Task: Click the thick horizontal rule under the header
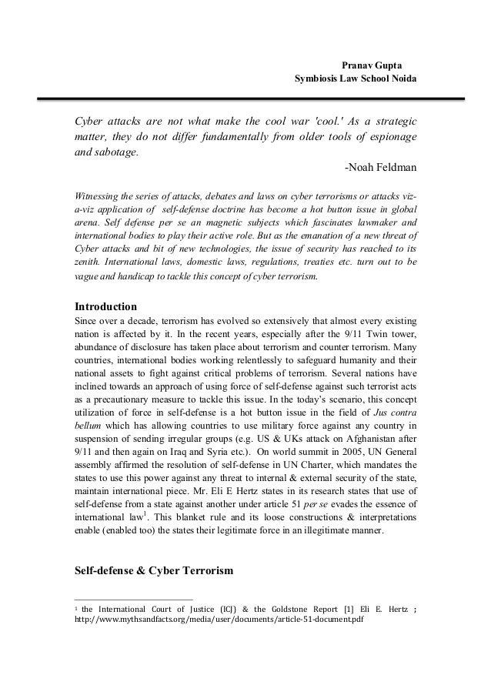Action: coord(245,99)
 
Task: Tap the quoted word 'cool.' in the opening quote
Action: coord(298,122)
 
